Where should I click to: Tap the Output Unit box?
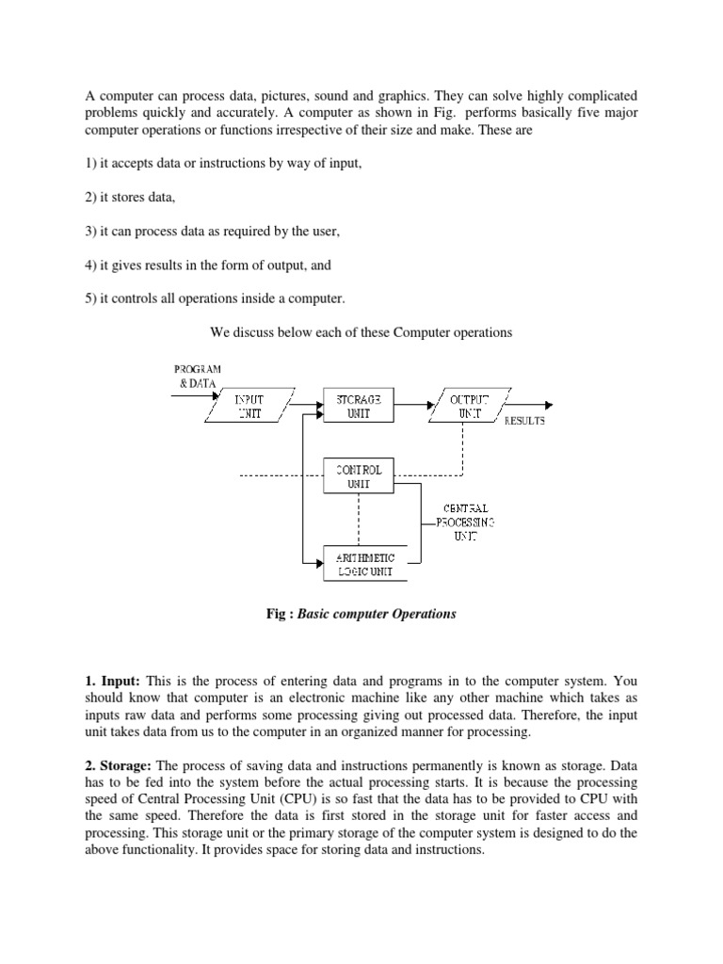(x=468, y=406)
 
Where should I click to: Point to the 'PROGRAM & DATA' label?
(x=197, y=377)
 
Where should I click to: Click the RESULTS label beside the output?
(x=524, y=421)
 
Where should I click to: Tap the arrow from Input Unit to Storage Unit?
(x=305, y=400)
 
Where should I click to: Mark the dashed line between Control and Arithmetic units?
(x=359, y=519)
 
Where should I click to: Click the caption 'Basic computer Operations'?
(x=377, y=614)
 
